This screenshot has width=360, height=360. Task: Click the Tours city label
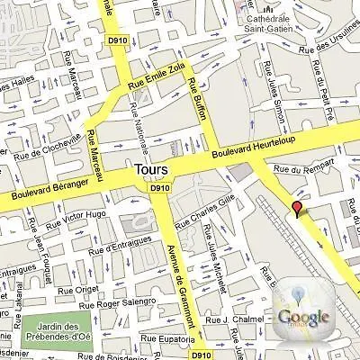pos(150,169)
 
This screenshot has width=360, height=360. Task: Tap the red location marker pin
pos(297,210)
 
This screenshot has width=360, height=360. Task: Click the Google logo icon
pos(302,316)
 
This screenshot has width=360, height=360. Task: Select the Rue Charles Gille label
pos(205,209)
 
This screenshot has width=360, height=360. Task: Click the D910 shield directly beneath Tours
pos(159,188)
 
